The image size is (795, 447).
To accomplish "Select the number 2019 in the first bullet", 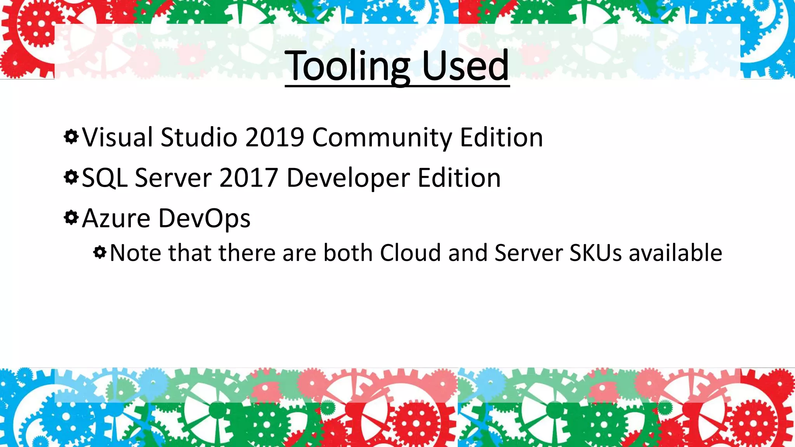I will coord(274,137).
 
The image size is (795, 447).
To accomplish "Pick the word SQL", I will coord(105,178).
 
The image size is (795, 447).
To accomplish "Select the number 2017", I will coord(249,178).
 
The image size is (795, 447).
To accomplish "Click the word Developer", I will coord(348,178).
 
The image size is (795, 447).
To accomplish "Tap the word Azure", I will coord(116,218).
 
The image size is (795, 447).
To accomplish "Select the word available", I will coord(675,253).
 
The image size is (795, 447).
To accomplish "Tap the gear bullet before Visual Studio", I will coord(71,137).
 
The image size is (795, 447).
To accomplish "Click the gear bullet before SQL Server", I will coord(71,177).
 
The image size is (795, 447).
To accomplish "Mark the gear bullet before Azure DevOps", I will coord(71,218).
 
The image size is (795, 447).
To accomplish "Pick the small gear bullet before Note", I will coord(100,253).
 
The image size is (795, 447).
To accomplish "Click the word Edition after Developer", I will coord(459,178).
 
